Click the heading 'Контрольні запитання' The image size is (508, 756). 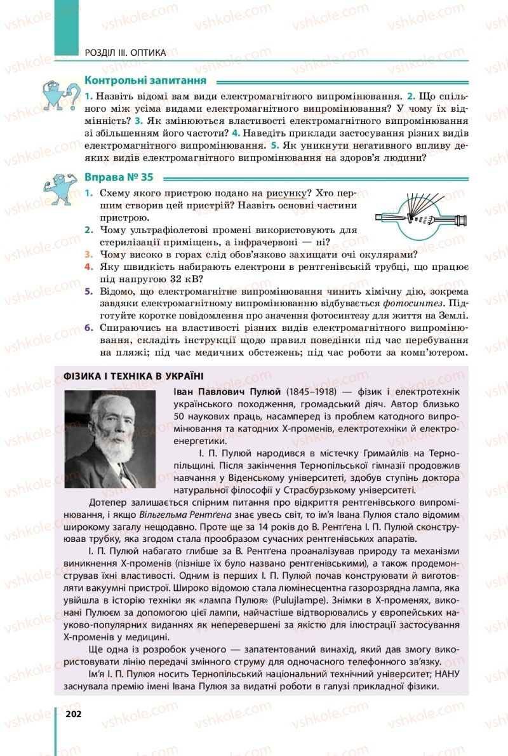[145, 81]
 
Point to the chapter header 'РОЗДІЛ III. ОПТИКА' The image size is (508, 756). [124, 53]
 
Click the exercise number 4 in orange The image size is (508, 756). [89, 267]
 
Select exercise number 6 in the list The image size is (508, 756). [89, 328]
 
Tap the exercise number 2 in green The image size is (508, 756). [89, 230]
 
